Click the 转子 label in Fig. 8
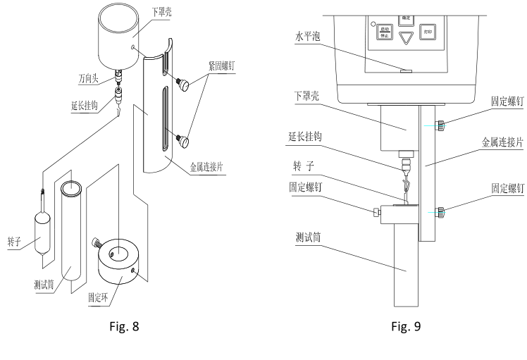(x=13, y=239)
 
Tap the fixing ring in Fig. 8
(x=122, y=260)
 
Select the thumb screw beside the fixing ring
(x=96, y=244)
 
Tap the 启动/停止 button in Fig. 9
(x=384, y=31)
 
